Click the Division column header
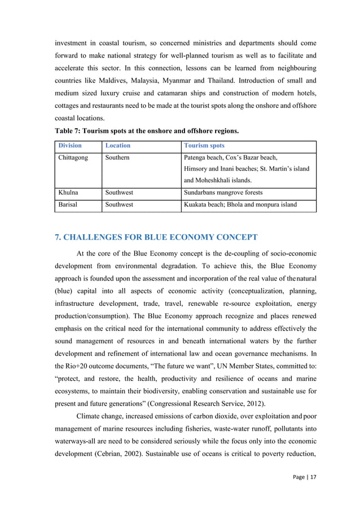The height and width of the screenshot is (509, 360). (71, 146)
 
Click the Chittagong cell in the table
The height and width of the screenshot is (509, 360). (73, 157)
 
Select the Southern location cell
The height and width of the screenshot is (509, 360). (117, 157)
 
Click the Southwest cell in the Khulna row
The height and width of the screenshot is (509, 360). (120, 192)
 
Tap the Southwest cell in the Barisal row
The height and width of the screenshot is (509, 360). (120, 204)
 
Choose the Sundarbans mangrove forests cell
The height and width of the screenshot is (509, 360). (223, 192)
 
